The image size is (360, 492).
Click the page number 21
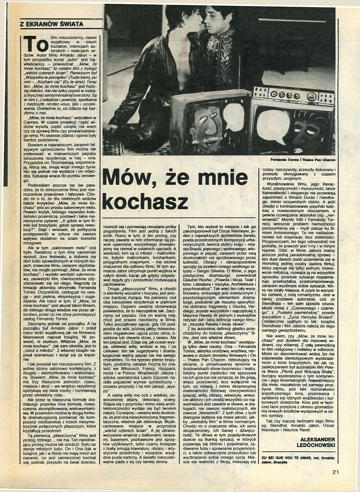tap(335, 472)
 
